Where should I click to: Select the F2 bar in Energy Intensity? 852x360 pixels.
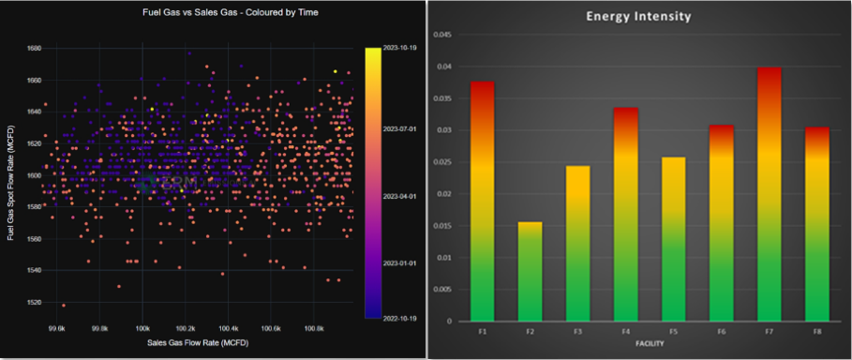point(530,272)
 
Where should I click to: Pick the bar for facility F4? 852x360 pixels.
point(626,215)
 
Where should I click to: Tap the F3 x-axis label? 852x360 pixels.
point(578,331)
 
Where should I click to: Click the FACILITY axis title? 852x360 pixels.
point(626,343)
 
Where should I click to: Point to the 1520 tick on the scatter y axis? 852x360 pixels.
point(33,302)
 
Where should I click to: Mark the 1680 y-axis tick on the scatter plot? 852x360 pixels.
point(33,48)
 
